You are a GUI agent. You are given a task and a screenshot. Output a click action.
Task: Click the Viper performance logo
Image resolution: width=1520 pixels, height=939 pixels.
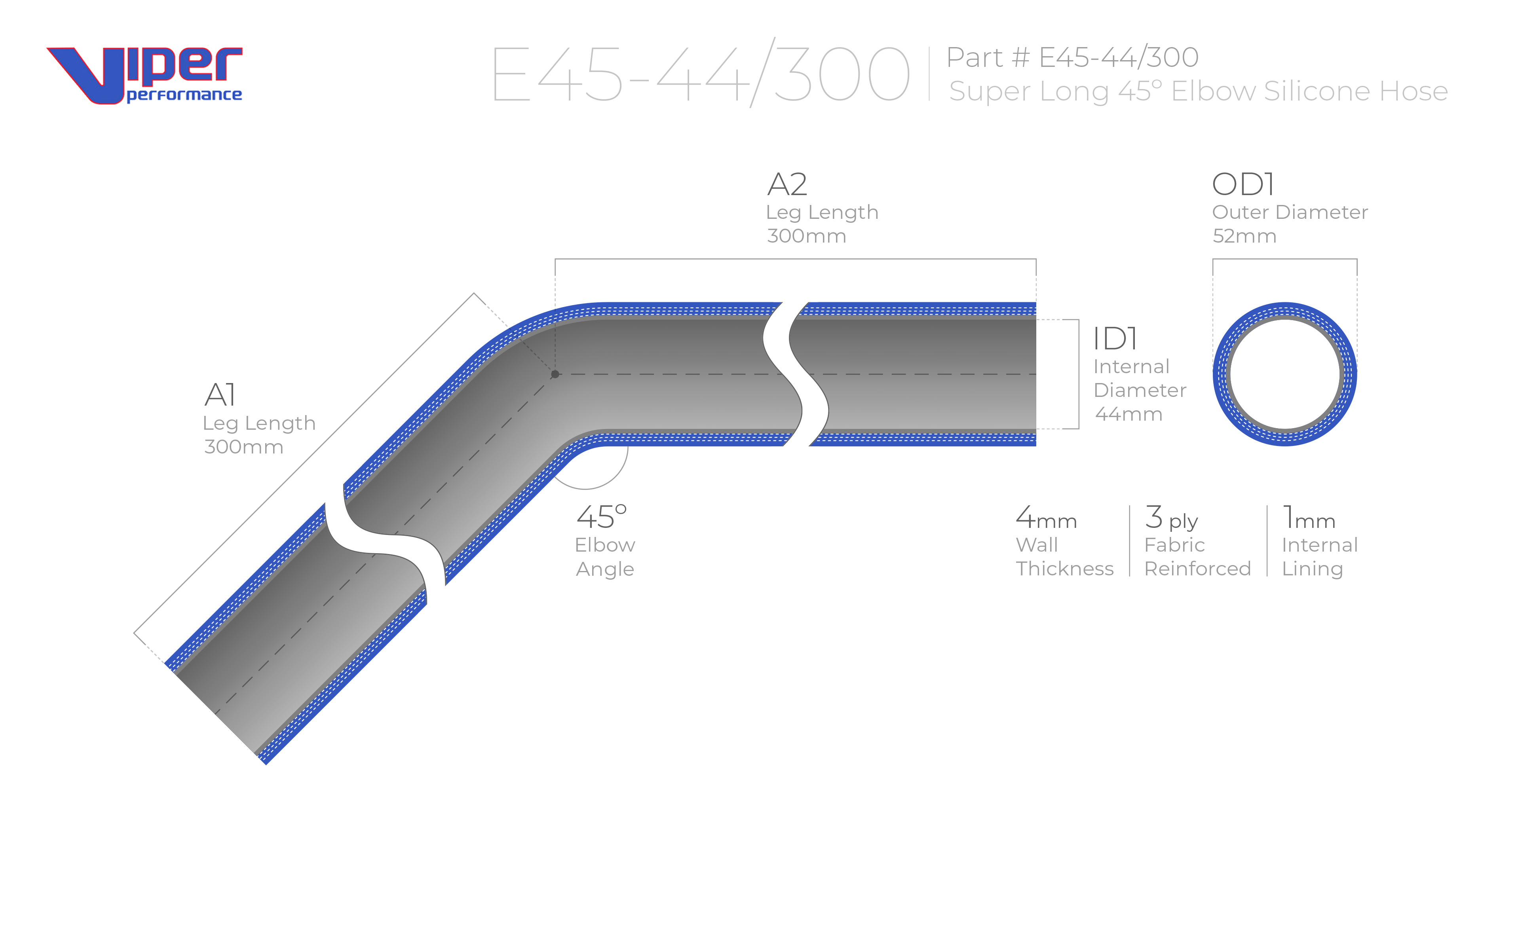click(144, 75)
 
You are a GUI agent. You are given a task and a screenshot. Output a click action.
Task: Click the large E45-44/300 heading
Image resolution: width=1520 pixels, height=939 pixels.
click(701, 73)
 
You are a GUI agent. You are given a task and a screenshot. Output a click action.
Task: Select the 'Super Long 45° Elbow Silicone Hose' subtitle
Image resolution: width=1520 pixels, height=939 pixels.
click(1198, 91)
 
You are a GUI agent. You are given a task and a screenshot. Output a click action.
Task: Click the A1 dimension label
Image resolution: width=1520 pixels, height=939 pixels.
click(220, 395)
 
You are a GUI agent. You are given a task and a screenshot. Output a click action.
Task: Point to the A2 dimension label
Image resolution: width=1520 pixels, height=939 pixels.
click(787, 184)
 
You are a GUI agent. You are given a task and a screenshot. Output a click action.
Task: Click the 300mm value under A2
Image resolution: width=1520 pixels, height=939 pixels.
click(806, 236)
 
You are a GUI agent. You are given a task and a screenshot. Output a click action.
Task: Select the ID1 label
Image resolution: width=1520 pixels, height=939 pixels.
click(1115, 339)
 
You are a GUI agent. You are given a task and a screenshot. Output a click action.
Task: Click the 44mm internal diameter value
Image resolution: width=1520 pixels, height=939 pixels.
click(1129, 414)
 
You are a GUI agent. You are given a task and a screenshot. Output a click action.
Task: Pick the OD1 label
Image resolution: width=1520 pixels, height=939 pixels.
click(1243, 184)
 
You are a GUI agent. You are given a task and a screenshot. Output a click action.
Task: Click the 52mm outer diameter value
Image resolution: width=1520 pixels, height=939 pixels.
click(1244, 236)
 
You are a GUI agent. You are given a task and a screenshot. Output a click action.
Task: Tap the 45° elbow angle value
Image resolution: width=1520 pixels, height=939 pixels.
click(601, 517)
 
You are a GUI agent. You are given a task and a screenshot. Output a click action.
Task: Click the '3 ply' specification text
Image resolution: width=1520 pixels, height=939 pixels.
click(1171, 518)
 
